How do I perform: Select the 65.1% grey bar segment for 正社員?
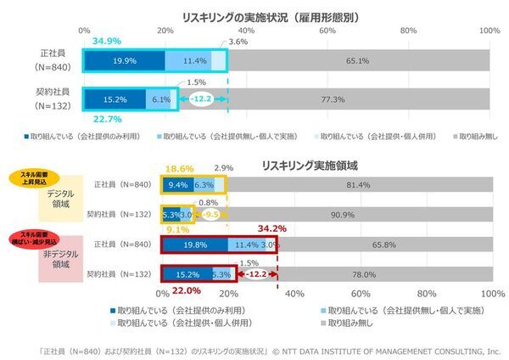click(357, 61)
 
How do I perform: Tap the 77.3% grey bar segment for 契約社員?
click(333, 98)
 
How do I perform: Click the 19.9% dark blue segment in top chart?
click(124, 61)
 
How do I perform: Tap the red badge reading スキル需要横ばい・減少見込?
click(32, 237)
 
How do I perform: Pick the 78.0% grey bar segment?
click(364, 275)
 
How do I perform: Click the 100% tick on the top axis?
click(489, 31)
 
